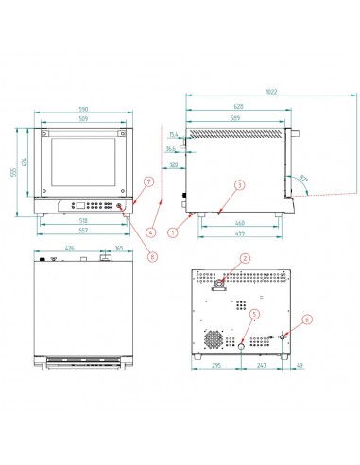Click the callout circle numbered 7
(x=147, y=180)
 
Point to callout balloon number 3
(x=240, y=185)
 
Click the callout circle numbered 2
(x=243, y=258)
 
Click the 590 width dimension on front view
(x=82, y=111)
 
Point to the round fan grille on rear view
(x=216, y=336)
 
